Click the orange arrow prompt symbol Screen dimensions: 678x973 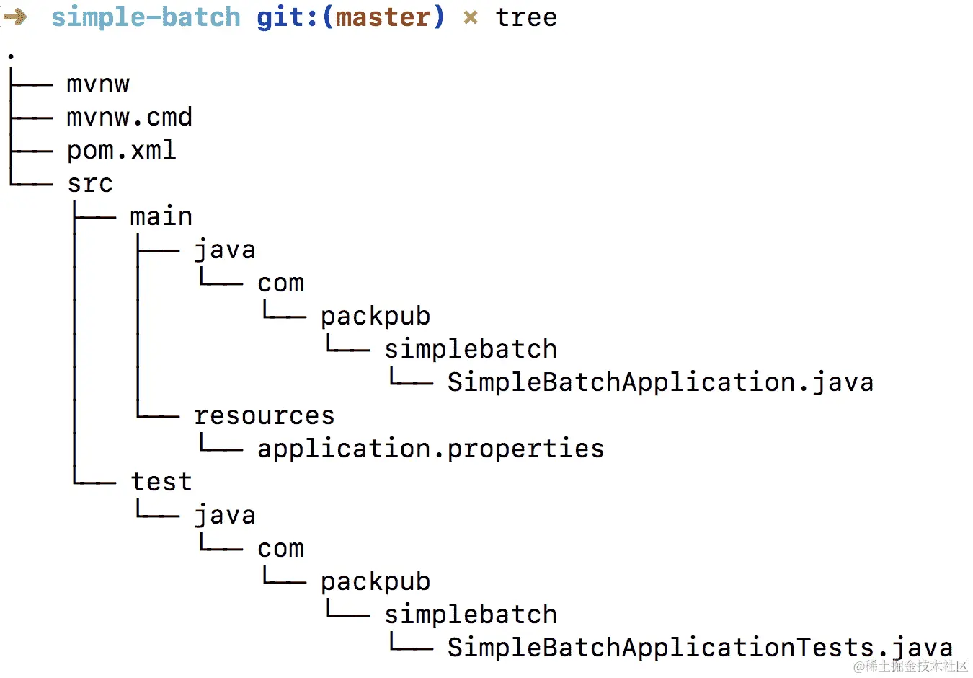point(14,16)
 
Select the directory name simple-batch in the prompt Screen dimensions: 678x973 point(146,17)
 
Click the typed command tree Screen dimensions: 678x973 point(526,17)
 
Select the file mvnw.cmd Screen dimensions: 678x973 point(129,117)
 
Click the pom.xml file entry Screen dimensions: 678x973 point(121,150)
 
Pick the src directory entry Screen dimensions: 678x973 point(90,183)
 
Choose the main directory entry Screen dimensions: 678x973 point(161,216)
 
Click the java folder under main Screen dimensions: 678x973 point(224,250)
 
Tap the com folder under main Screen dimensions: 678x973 point(280,283)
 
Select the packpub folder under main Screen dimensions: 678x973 point(376,316)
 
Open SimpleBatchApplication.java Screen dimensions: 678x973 point(659,382)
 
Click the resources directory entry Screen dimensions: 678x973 point(264,415)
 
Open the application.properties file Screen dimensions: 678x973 point(430,449)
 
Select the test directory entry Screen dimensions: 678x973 point(161,482)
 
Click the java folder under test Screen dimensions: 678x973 point(224,515)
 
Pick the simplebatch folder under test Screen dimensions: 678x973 point(470,615)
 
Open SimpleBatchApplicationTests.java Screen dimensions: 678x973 point(699,648)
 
